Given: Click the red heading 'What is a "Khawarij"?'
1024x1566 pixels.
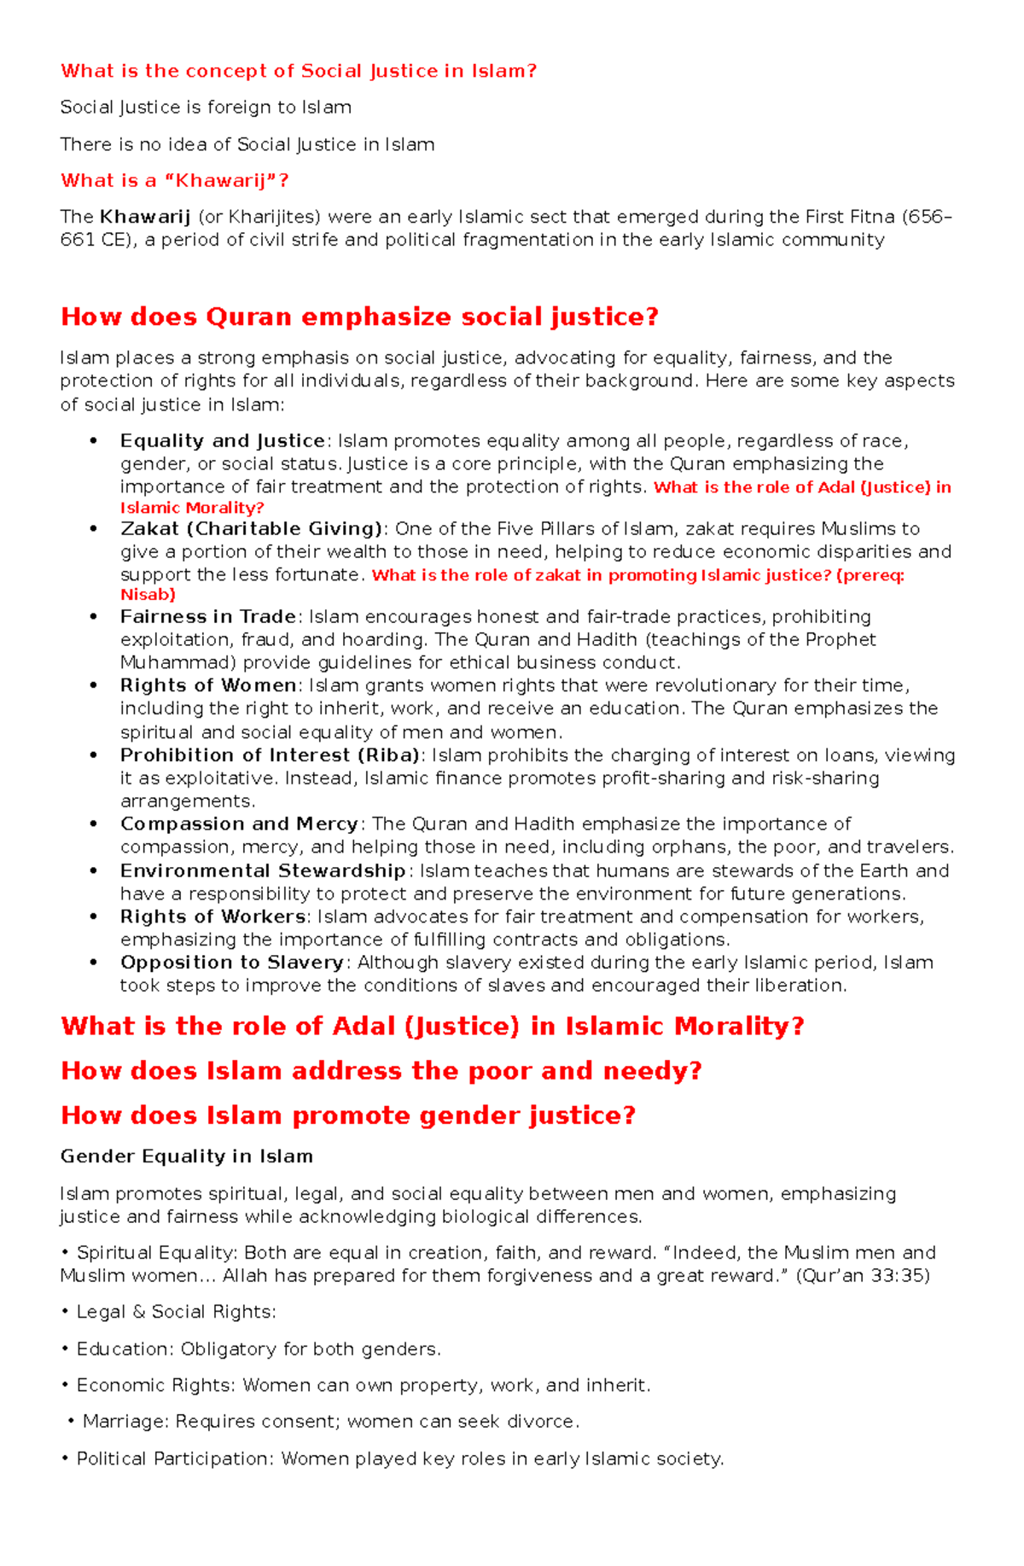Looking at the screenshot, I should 175,181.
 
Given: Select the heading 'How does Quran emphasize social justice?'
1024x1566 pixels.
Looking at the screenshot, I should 359,317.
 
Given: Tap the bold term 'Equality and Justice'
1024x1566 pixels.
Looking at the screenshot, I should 222,441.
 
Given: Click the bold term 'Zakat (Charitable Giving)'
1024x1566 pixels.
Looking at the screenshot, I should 252,529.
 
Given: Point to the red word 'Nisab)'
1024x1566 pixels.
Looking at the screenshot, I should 148,595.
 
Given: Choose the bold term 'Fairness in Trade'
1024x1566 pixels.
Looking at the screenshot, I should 207,617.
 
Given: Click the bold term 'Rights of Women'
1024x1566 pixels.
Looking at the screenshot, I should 207,686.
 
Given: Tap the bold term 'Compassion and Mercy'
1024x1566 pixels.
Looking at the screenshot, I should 239,824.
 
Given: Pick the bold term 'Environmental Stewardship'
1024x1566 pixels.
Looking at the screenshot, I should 262,871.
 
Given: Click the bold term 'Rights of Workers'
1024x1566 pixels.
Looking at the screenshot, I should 212,917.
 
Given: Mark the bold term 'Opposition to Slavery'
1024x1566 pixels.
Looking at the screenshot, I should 231,963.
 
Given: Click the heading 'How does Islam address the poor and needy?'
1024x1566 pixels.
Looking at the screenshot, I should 381,1071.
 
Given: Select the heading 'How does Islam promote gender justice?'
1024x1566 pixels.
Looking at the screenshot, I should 348,1116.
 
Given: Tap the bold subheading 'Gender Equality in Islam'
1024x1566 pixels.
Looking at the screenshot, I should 186,1157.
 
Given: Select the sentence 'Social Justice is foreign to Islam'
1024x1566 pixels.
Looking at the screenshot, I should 206,108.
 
